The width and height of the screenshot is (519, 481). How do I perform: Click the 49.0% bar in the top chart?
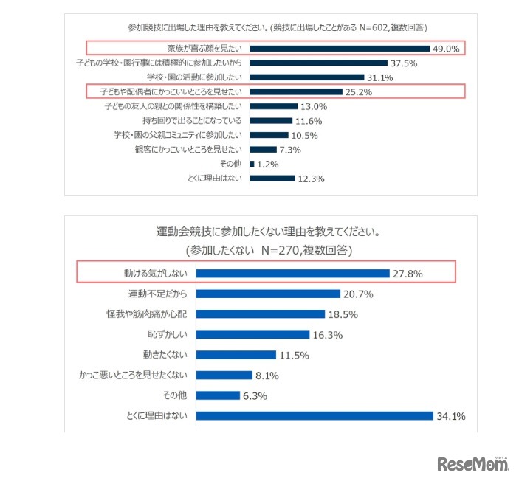(340, 49)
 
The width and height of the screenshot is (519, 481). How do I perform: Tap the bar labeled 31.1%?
(307, 77)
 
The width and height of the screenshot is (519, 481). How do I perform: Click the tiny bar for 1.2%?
(252, 164)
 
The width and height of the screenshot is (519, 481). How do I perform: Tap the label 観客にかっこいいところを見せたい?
(179, 149)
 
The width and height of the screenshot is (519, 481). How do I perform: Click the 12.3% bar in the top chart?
(272, 179)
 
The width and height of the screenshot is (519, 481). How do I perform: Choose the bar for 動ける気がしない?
(292, 274)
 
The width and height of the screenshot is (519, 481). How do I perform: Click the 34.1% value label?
(451, 416)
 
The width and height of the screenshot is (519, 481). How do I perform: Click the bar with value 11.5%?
(236, 355)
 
